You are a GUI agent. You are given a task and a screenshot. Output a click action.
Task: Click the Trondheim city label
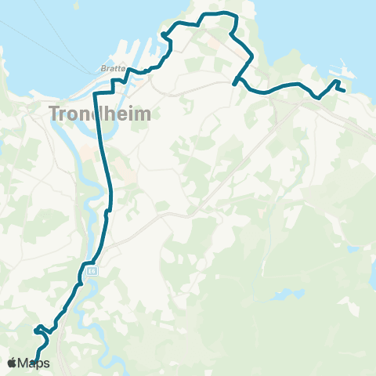(99, 113)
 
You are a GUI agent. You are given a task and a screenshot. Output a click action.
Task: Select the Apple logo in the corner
(13, 363)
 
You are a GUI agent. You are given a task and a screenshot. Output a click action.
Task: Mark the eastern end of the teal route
(345, 91)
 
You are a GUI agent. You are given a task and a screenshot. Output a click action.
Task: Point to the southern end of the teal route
(37, 362)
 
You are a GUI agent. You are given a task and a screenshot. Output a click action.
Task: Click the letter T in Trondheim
(56, 113)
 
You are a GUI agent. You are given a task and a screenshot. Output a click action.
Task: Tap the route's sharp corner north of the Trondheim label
(95, 93)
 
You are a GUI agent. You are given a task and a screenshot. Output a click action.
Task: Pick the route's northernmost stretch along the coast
(219, 14)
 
